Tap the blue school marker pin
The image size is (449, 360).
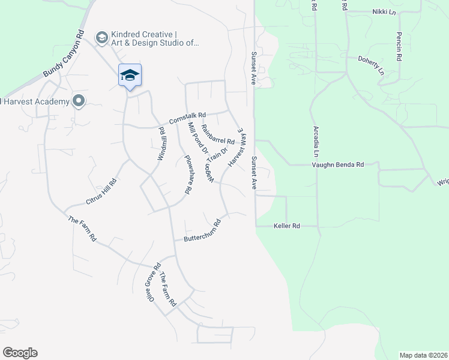coord(130,76)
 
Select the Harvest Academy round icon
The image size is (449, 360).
coord(77,101)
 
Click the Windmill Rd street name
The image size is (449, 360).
coord(161,142)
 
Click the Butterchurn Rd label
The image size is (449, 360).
coord(202,230)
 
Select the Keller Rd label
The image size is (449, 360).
coord(286,226)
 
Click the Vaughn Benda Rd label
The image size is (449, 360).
coord(338,164)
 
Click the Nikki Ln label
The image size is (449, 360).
coord(384,11)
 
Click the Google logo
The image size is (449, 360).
coord(20,353)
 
